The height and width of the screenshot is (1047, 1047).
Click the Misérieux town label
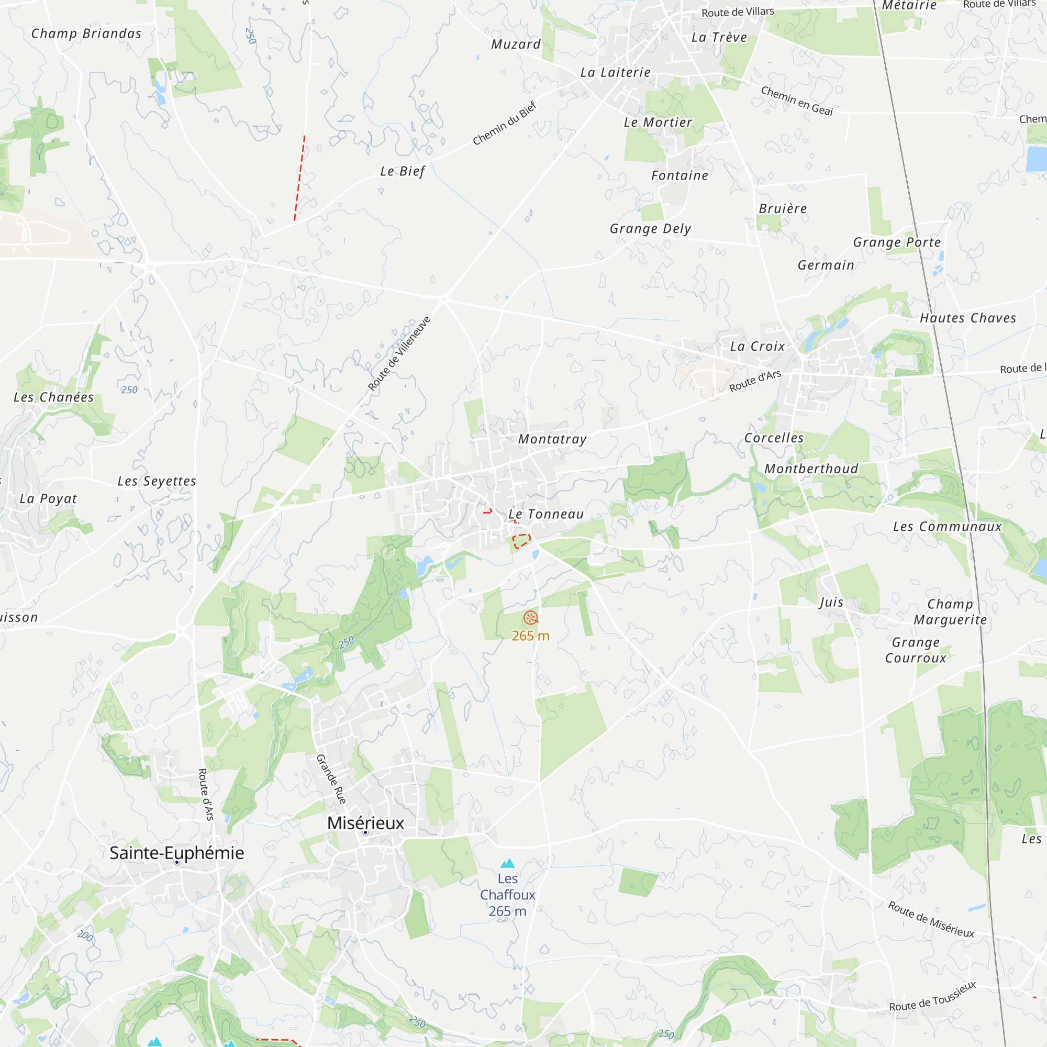point(366,822)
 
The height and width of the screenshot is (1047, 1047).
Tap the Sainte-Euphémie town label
point(176,852)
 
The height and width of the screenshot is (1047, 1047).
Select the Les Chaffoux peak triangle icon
point(507,863)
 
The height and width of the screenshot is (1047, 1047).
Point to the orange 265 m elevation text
point(530,636)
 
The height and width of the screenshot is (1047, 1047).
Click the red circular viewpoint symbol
point(530,618)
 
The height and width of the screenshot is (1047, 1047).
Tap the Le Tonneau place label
point(546,514)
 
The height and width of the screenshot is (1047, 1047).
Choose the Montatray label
point(552,439)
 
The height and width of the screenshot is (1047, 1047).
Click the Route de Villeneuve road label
point(399,353)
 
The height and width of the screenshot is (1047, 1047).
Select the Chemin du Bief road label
point(505,124)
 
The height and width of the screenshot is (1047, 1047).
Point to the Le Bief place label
point(403,171)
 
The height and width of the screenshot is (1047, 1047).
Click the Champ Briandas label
point(86,34)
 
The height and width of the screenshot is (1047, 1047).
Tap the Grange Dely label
point(650,229)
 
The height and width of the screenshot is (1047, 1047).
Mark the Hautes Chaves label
point(968,318)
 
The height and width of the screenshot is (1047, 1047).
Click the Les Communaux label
point(948,527)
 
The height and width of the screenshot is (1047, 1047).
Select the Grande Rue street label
point(331,779)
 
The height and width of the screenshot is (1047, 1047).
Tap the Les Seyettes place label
point(157,481)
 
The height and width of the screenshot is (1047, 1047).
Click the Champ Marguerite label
point(951,612)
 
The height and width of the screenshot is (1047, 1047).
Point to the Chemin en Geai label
point(797,101)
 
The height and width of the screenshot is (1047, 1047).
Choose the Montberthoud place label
point(811,469)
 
